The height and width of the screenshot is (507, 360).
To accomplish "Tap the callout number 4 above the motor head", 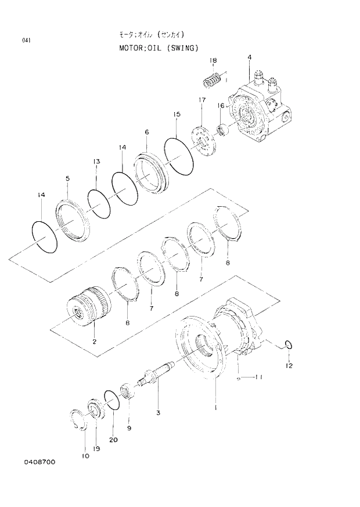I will point(249,57).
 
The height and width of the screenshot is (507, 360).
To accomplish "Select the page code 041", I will point(26,41).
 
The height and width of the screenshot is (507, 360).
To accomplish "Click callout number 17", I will point(202,100).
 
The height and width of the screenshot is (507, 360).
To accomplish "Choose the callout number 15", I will point(177,115).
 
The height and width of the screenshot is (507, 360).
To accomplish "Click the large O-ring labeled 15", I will point(178,156).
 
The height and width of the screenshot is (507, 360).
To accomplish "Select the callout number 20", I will point(113,440).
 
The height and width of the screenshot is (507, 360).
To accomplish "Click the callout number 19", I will point(96,448).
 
